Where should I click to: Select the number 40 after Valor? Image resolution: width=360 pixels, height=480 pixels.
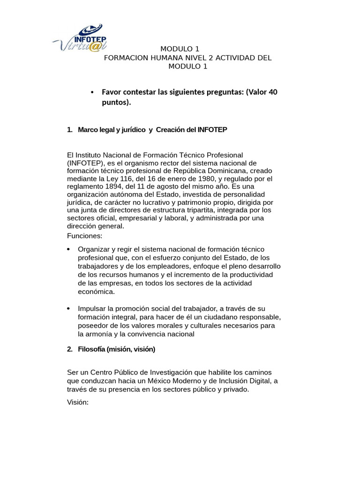pyautogui.click(x=273, y=92)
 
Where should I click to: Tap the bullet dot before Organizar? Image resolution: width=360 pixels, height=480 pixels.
pyautogui.click(x=69, y=249)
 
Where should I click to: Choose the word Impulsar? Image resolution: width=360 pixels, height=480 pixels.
pyautogui.click(x=92, y=308)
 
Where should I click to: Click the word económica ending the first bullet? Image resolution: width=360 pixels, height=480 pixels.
pyautogui.click(x=96, y=292)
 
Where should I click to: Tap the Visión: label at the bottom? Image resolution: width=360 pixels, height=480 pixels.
pyautogui.click(x=78, y=403)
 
